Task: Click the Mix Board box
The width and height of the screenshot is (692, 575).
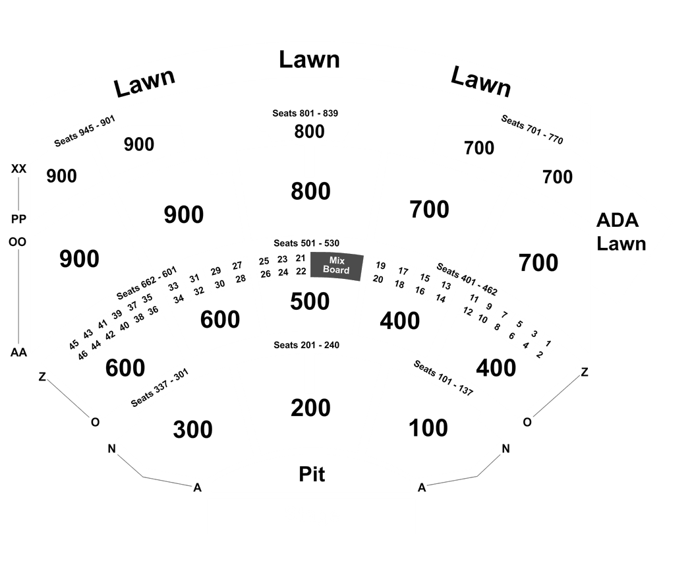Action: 337,266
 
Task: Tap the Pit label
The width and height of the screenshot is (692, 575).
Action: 312,474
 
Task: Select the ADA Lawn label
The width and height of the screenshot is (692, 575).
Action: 621,232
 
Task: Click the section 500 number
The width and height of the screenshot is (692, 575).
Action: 310,301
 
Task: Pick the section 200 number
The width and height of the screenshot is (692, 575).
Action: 310,408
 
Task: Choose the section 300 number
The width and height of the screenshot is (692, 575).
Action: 193,429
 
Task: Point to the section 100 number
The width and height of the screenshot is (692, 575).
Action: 428,428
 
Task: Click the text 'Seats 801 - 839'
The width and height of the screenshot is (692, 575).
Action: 305,113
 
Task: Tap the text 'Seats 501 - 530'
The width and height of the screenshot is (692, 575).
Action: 306,243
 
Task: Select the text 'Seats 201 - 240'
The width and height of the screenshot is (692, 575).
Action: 306,345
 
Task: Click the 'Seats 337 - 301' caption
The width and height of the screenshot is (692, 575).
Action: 159,387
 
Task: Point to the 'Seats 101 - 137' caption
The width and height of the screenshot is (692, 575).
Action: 443,378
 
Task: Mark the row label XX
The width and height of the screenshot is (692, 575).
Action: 18,169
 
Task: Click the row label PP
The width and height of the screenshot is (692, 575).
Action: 18,219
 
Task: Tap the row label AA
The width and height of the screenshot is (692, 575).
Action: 18,352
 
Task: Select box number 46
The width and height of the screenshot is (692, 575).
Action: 82,355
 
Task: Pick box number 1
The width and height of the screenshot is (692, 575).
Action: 548,343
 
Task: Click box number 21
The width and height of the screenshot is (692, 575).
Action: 301,258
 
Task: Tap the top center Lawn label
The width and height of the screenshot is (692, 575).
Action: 309,59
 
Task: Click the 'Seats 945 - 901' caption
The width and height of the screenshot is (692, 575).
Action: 84,131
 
